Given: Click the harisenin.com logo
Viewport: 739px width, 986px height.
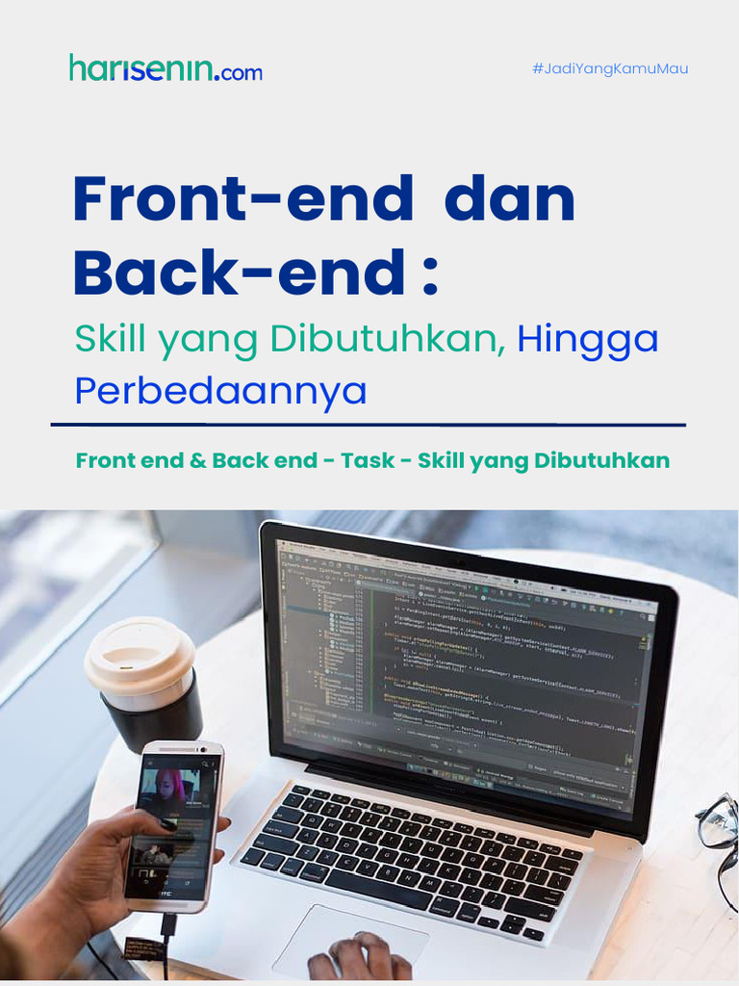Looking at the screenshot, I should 165,68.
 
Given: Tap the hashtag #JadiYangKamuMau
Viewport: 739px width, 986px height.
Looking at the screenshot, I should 610,69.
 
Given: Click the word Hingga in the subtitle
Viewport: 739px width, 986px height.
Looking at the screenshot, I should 588,339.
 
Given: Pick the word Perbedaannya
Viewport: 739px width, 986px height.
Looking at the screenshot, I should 221,391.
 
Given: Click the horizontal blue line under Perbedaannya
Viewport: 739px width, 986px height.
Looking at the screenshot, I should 369,424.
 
